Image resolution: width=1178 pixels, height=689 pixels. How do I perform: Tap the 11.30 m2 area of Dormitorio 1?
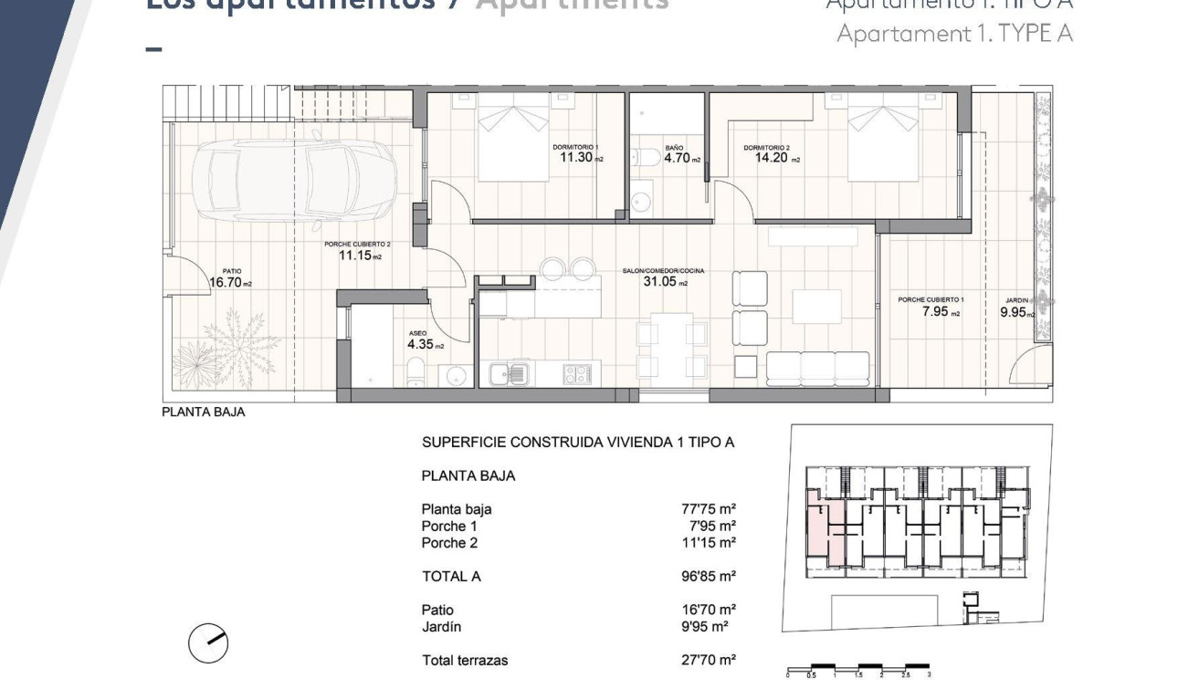(579, 157)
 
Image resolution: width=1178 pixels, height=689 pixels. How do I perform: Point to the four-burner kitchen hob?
(576, 373)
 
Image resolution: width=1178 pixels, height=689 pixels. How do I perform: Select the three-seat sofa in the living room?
(817, 368)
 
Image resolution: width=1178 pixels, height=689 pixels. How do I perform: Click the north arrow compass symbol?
(208, 643)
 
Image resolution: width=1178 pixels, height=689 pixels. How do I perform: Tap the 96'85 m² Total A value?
(702, 576)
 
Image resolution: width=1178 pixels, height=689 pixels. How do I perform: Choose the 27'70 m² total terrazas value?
(702, 660)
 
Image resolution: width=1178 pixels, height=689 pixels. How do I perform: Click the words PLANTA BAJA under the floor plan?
(204, 412)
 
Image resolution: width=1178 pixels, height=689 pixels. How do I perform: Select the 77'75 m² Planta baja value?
(702, 509)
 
